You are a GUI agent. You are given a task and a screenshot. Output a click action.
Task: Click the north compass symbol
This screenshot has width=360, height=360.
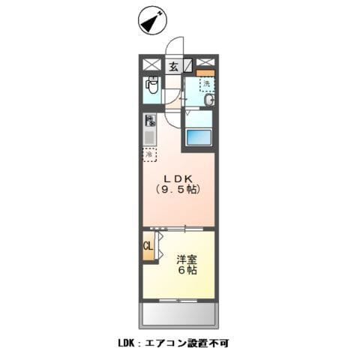[151, 22]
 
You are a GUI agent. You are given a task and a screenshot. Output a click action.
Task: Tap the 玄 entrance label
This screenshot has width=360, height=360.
[173, 66]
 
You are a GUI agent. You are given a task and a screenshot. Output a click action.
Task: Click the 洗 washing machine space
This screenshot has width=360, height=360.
[205, 84]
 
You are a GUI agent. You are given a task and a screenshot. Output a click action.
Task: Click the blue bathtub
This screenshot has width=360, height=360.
[200, 137]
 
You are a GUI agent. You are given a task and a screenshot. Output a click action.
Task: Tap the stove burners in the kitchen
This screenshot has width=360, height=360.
[150, 121]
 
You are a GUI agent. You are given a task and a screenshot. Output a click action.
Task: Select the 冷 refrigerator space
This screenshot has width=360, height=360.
[150, 155]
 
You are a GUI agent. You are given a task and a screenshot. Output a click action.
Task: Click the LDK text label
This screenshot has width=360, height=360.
[178, 178]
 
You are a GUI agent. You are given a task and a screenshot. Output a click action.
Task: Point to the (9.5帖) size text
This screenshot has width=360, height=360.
[178, 190]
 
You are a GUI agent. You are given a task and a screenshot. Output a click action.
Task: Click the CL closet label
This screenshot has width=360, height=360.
[148, 245]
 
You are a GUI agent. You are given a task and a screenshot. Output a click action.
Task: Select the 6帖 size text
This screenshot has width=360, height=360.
[187, 270]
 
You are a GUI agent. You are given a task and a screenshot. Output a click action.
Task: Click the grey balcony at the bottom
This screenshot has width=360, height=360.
[178, 312]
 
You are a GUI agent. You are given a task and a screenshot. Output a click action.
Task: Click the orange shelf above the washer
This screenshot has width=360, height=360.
[205, 72]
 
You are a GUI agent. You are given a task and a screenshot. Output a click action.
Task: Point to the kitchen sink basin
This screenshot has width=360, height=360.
[150, 137]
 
